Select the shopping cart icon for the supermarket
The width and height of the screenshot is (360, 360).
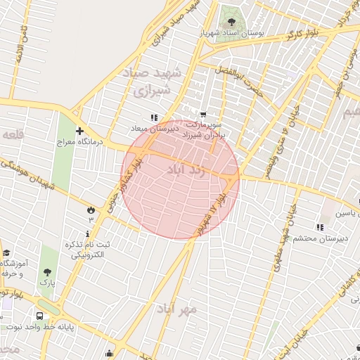coord(203,115)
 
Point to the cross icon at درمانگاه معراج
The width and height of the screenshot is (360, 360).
coord(80,131)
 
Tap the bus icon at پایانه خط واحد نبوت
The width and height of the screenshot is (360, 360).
coord(39,316)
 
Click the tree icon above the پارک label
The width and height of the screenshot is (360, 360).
coord(47,271)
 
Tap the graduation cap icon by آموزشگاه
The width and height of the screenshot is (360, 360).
coord(6,253)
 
